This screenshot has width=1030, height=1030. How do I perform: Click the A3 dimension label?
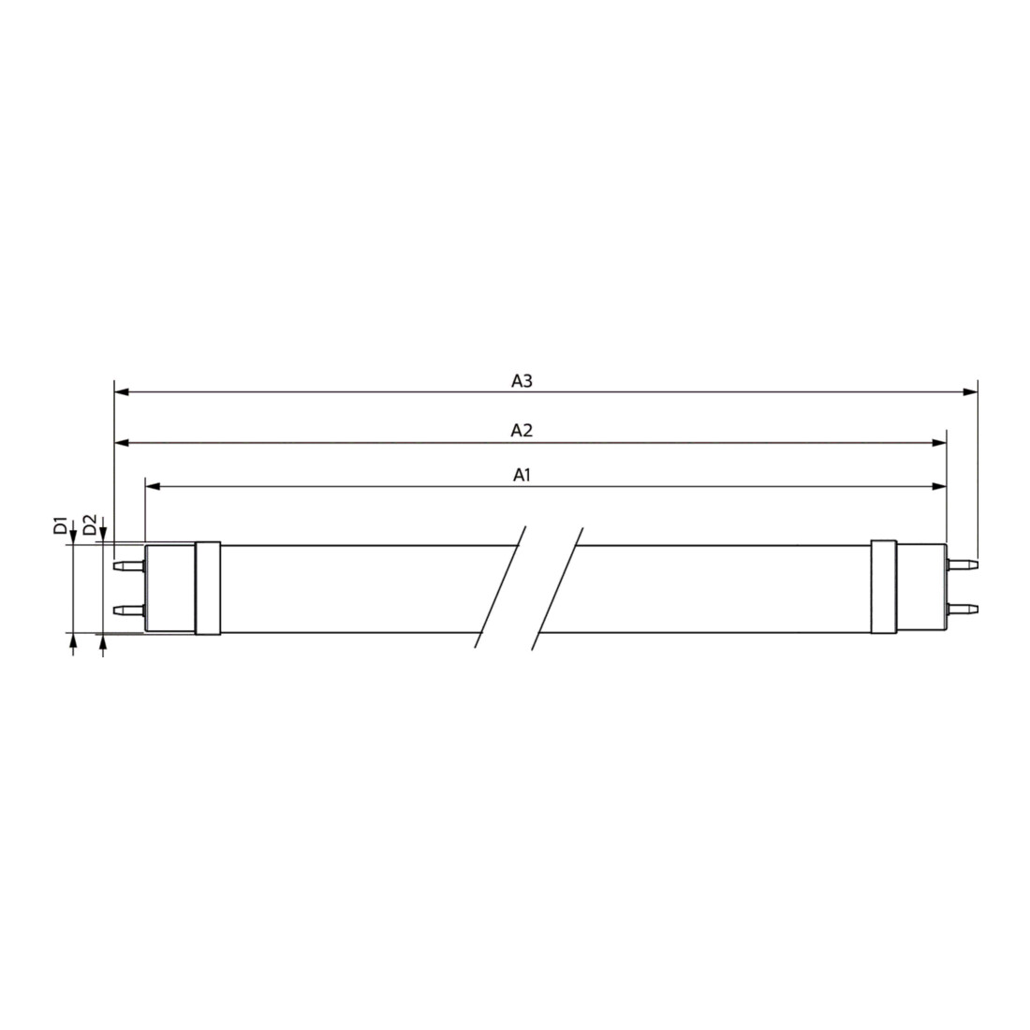522,381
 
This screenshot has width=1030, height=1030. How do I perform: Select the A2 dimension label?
522,431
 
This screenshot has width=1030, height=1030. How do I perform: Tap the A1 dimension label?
522,475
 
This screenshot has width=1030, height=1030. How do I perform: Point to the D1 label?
61,525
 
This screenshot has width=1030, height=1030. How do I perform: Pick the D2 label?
91,525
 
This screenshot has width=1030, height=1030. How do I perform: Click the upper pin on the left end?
129,566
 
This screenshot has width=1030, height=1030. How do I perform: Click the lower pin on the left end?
129,611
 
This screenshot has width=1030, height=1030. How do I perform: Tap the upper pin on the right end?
962,565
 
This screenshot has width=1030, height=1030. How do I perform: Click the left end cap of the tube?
170,589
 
